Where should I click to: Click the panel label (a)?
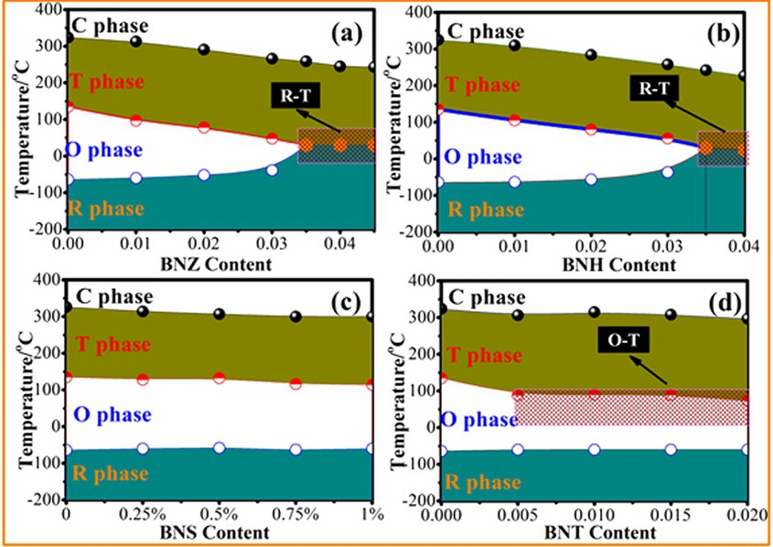coord(349,35)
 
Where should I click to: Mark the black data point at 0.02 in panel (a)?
coord(204,49)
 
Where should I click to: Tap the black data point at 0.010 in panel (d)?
coord(595,313)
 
